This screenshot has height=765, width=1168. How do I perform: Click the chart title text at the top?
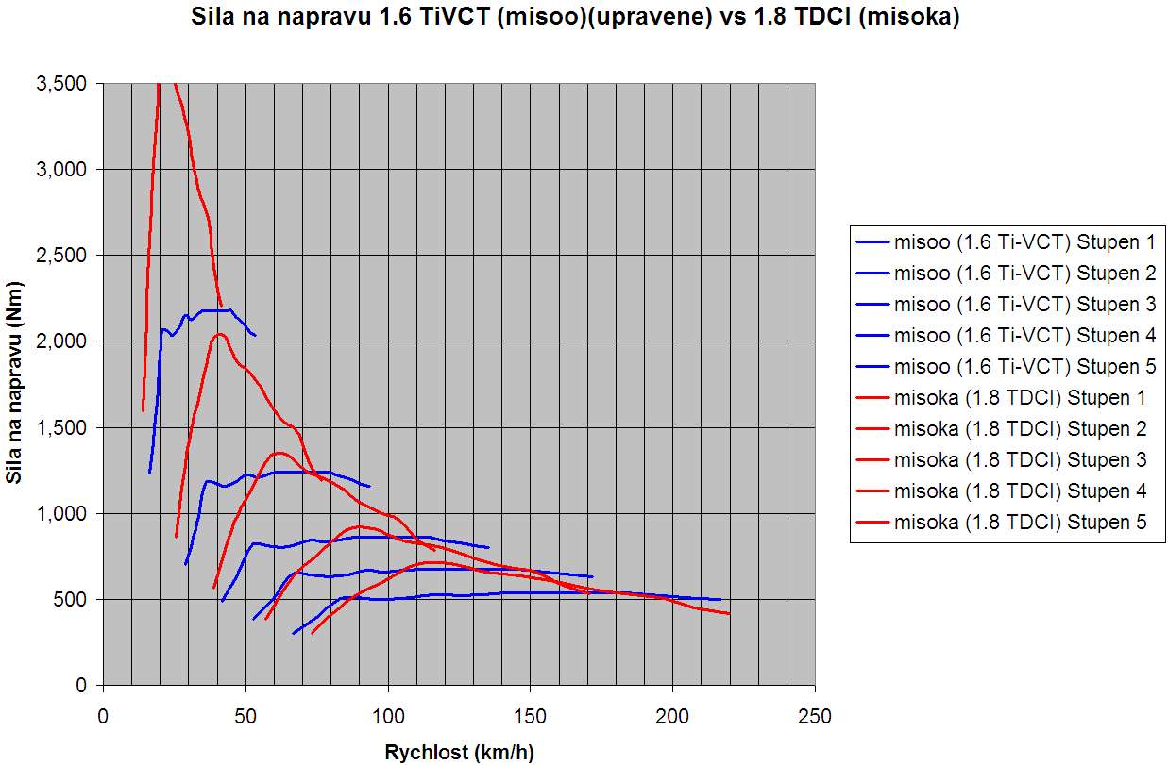point(575,17)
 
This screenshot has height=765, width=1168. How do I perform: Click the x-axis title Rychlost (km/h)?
point(459,752)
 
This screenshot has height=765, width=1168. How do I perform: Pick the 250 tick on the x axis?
point(815,717)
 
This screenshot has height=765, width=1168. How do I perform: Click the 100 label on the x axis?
point(388,717)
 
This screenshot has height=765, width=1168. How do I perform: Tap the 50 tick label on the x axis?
point(245,717)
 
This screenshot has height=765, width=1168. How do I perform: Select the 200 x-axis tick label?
point(672,717)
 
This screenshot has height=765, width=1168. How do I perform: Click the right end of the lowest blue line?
point(720,599)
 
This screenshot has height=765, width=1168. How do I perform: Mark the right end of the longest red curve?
point(729,614)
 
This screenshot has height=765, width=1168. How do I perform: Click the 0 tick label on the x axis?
point(103,717)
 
